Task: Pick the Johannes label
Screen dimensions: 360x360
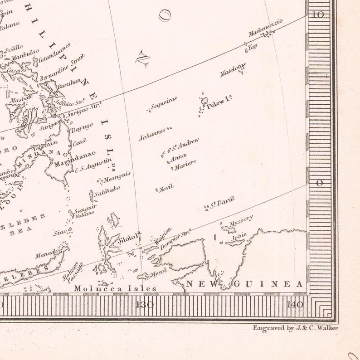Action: coord(152,134)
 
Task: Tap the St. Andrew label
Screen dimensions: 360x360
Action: coord(186,145)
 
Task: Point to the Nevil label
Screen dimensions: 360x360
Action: coord(166,187)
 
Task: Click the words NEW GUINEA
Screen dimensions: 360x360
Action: coord(245,284)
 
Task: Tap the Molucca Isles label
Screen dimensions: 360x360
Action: coord(115,288)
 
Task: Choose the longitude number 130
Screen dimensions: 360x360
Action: coord(146,304)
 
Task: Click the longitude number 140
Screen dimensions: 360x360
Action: coord(296,304)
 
